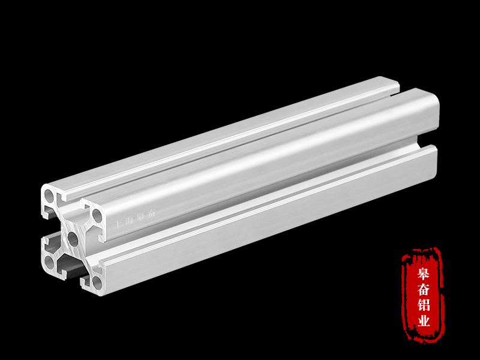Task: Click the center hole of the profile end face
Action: click(73, 238)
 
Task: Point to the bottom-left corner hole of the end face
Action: click(49, 262)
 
